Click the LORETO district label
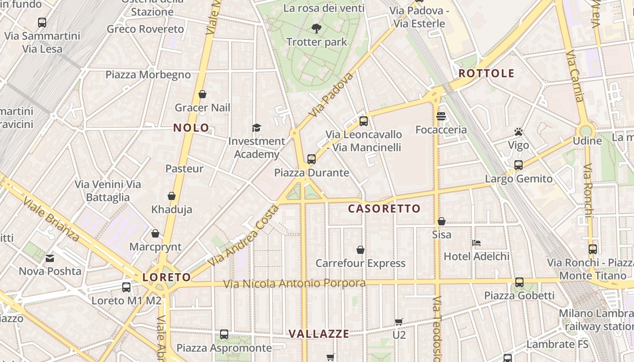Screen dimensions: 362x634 (x=167, y=277)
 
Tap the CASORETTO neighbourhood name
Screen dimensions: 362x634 (x=384, y=209)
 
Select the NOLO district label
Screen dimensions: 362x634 (x=191, y=128)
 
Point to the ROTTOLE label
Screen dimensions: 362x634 (x=486, y=73)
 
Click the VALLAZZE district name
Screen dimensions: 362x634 (x=319, y=334)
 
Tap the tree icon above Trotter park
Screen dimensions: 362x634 (x=317, y=29)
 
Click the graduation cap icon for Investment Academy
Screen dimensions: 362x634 (x=256, y=128)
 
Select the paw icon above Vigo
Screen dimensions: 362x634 (x=519, y=132)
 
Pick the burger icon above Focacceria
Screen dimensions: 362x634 (x=441, y=116)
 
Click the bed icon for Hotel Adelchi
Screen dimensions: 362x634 (x=476, y=243)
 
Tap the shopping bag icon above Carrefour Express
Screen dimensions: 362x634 (x=360, y=250)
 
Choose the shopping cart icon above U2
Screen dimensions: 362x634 (x=399, y=322)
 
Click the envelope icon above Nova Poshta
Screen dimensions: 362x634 (x=50, y=258)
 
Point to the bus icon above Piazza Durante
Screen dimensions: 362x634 (x=311, y=159)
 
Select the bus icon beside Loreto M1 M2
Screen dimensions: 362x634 (x=126, y=287)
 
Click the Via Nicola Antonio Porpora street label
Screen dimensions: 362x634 (x=294, y=284)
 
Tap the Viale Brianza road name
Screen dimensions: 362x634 (x=51, y=219)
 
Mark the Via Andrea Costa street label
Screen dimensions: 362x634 (x=243, y=235)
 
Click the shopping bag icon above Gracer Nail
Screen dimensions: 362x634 (x=202, y=94)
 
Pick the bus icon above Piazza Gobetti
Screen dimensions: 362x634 (x=519, y=282)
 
